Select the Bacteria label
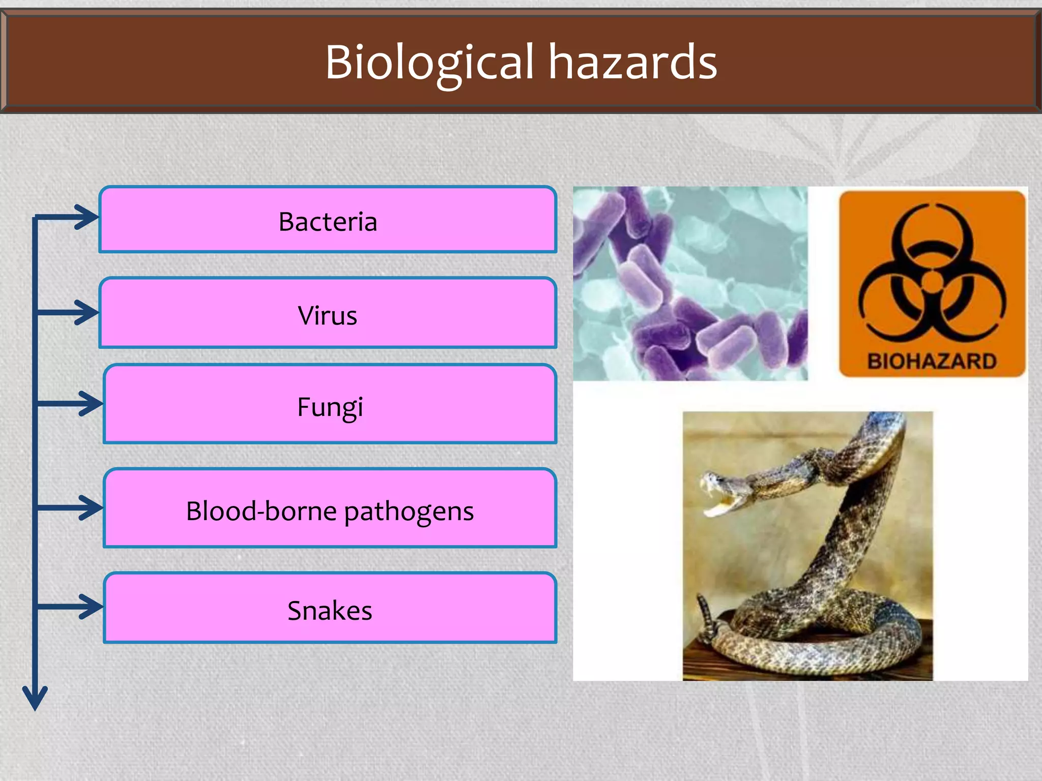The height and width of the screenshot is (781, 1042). click(x=328, y=222)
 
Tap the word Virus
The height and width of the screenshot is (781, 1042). click(x=328, y=315)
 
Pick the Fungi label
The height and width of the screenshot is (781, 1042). click(x=330, y=407)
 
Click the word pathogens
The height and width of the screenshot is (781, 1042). click(x=409, y=511)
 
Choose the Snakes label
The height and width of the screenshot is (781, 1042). click(x=330, y=610)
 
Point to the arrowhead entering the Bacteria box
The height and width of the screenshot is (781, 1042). click(x=88, y=218)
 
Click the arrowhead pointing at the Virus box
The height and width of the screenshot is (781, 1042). click(x=88, y=312)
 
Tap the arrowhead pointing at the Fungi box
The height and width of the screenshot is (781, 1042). click(x=92, y=404)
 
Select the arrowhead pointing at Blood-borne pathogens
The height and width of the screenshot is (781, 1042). click(x=92, y=507)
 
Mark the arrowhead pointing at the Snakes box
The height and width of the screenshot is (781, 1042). click(x=92, y=606)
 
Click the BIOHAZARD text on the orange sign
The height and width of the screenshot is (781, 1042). click(x=932, y=361)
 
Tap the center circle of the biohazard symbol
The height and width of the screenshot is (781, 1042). click(x=932, y=281)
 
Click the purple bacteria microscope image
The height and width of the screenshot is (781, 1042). click(x=690, y=283)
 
